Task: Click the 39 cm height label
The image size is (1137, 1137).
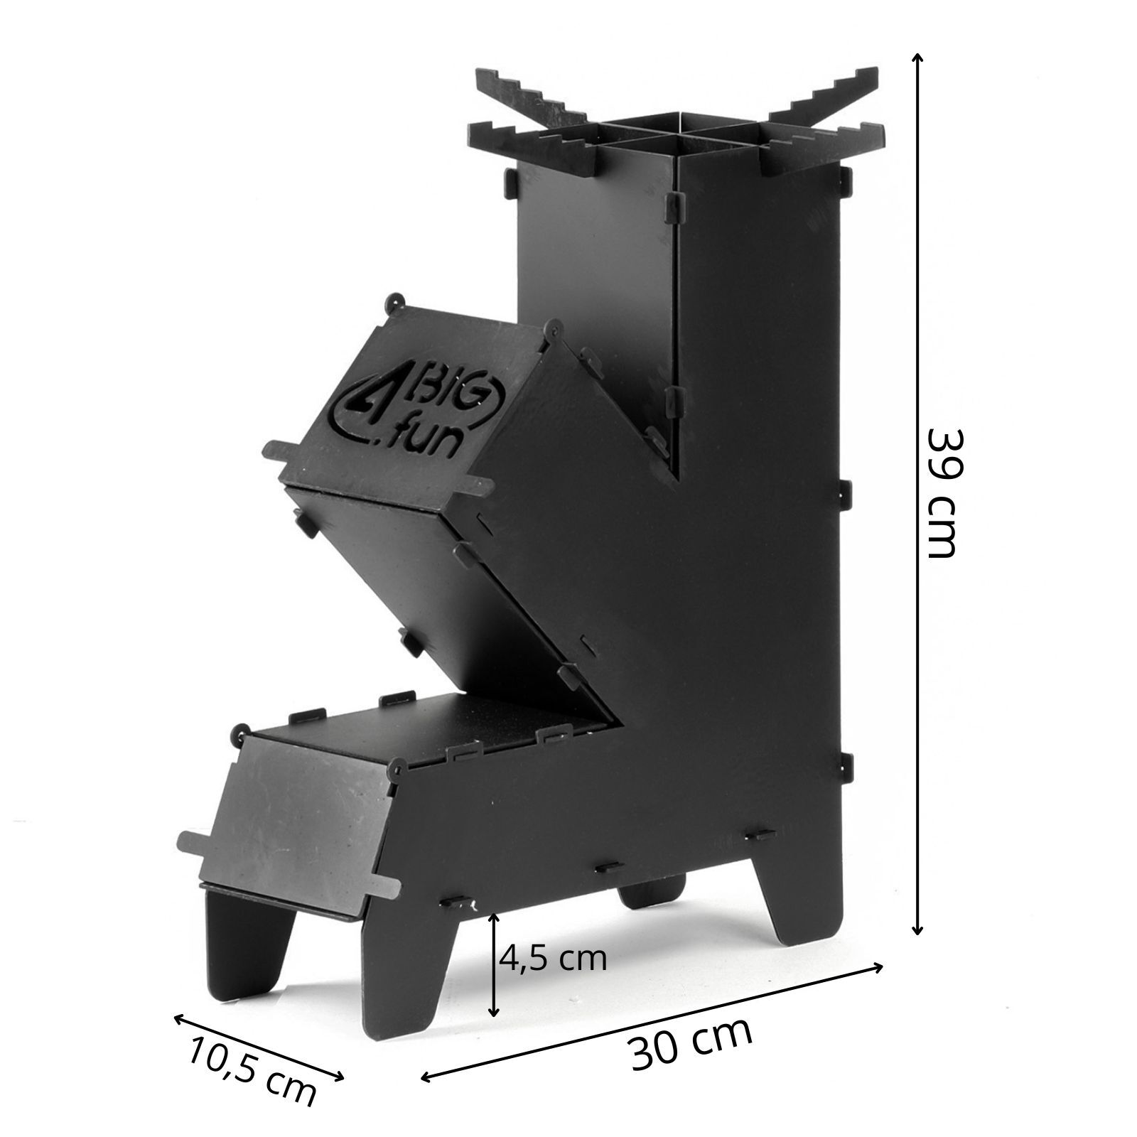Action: (x=943, y=492)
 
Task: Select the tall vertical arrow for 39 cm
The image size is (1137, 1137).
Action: (x=917, y=493)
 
